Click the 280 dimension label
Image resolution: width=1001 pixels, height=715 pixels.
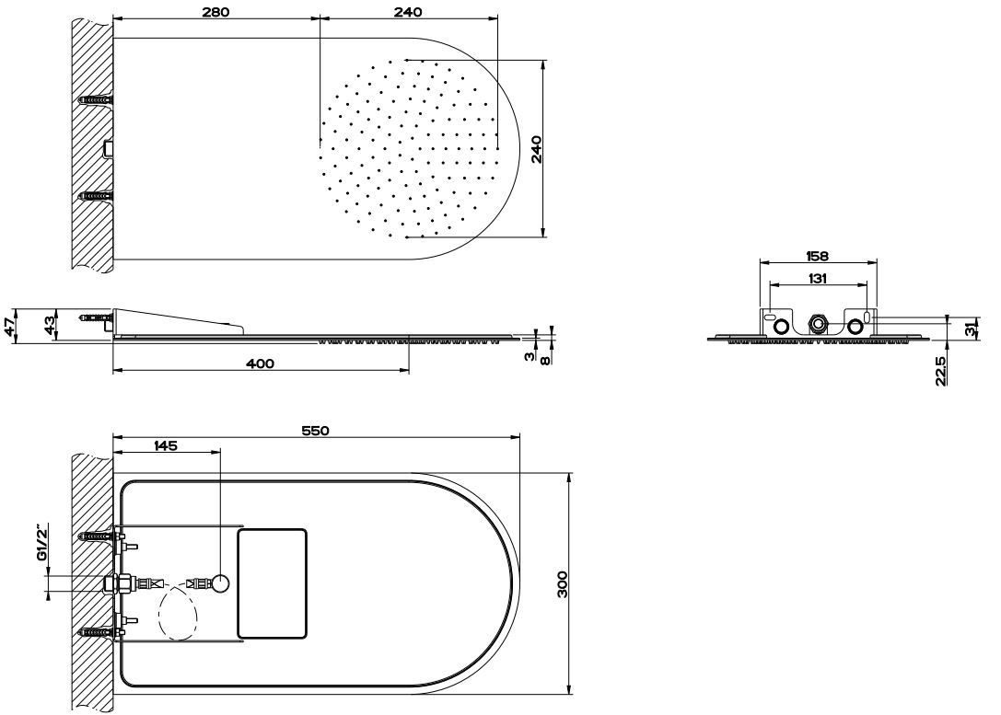click(215, 11)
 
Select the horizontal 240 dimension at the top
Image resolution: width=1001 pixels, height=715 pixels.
click(409, 11)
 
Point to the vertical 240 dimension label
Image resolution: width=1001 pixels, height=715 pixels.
click(536, 149)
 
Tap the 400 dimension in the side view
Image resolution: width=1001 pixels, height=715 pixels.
click(261, 363)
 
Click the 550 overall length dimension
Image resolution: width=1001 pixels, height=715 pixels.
click(315, 431)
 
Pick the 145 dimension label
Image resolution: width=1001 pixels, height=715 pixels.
click(166, 445)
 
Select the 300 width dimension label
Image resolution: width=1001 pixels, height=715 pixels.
click(562, 584)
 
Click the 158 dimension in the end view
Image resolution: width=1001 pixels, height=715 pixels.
click(817, 256)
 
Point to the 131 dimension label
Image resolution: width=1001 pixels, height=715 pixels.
click(817, 278)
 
